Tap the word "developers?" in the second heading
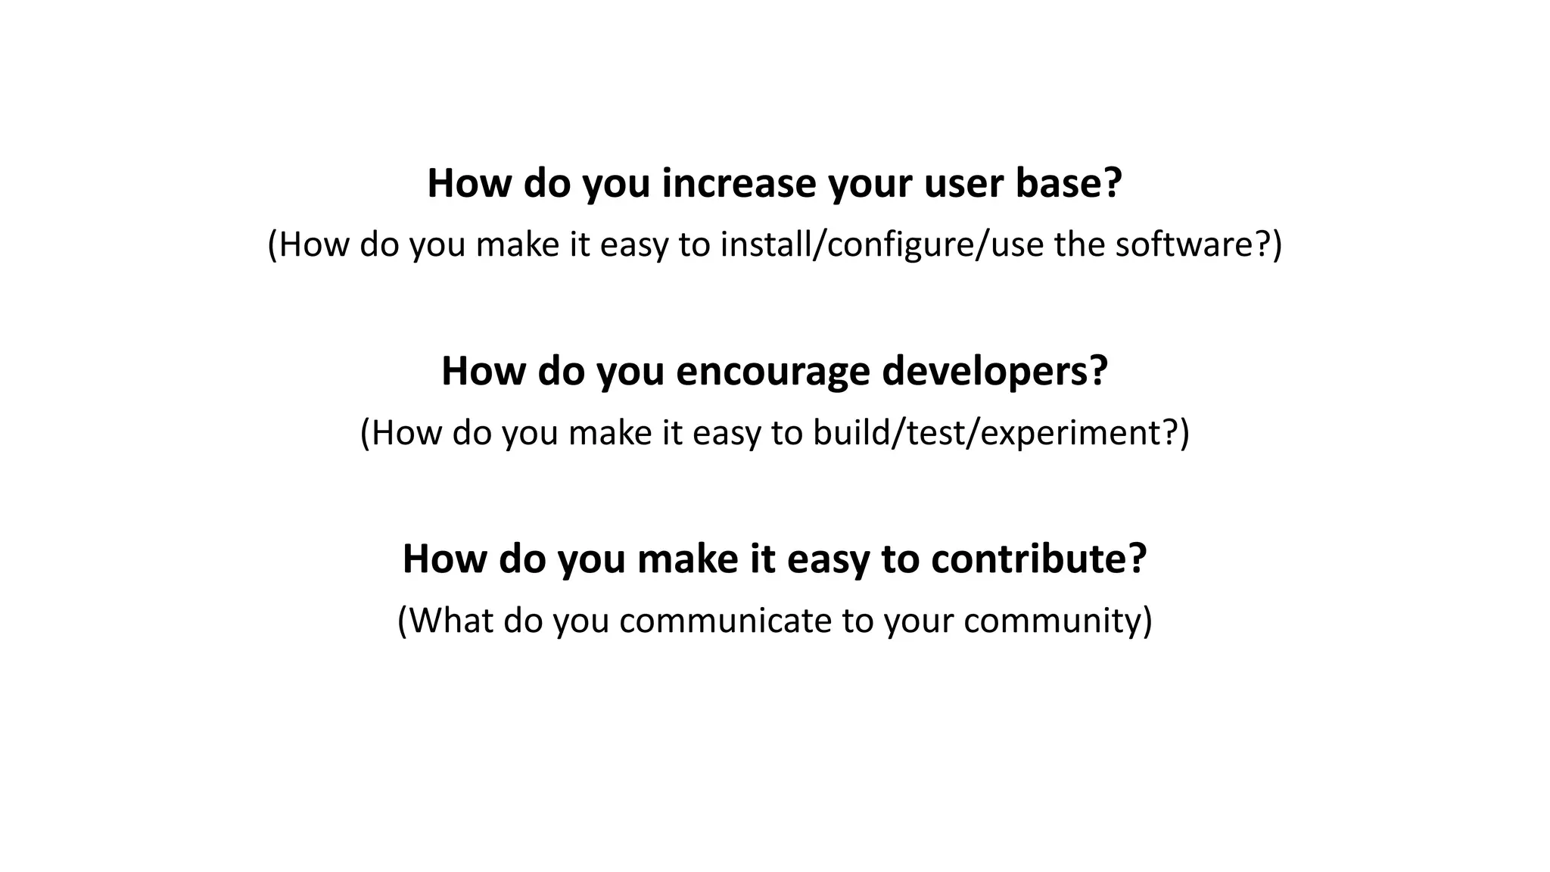coord(994,372)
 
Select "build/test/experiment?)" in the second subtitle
coord(1001,433)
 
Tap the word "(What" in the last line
coord(444,621)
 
